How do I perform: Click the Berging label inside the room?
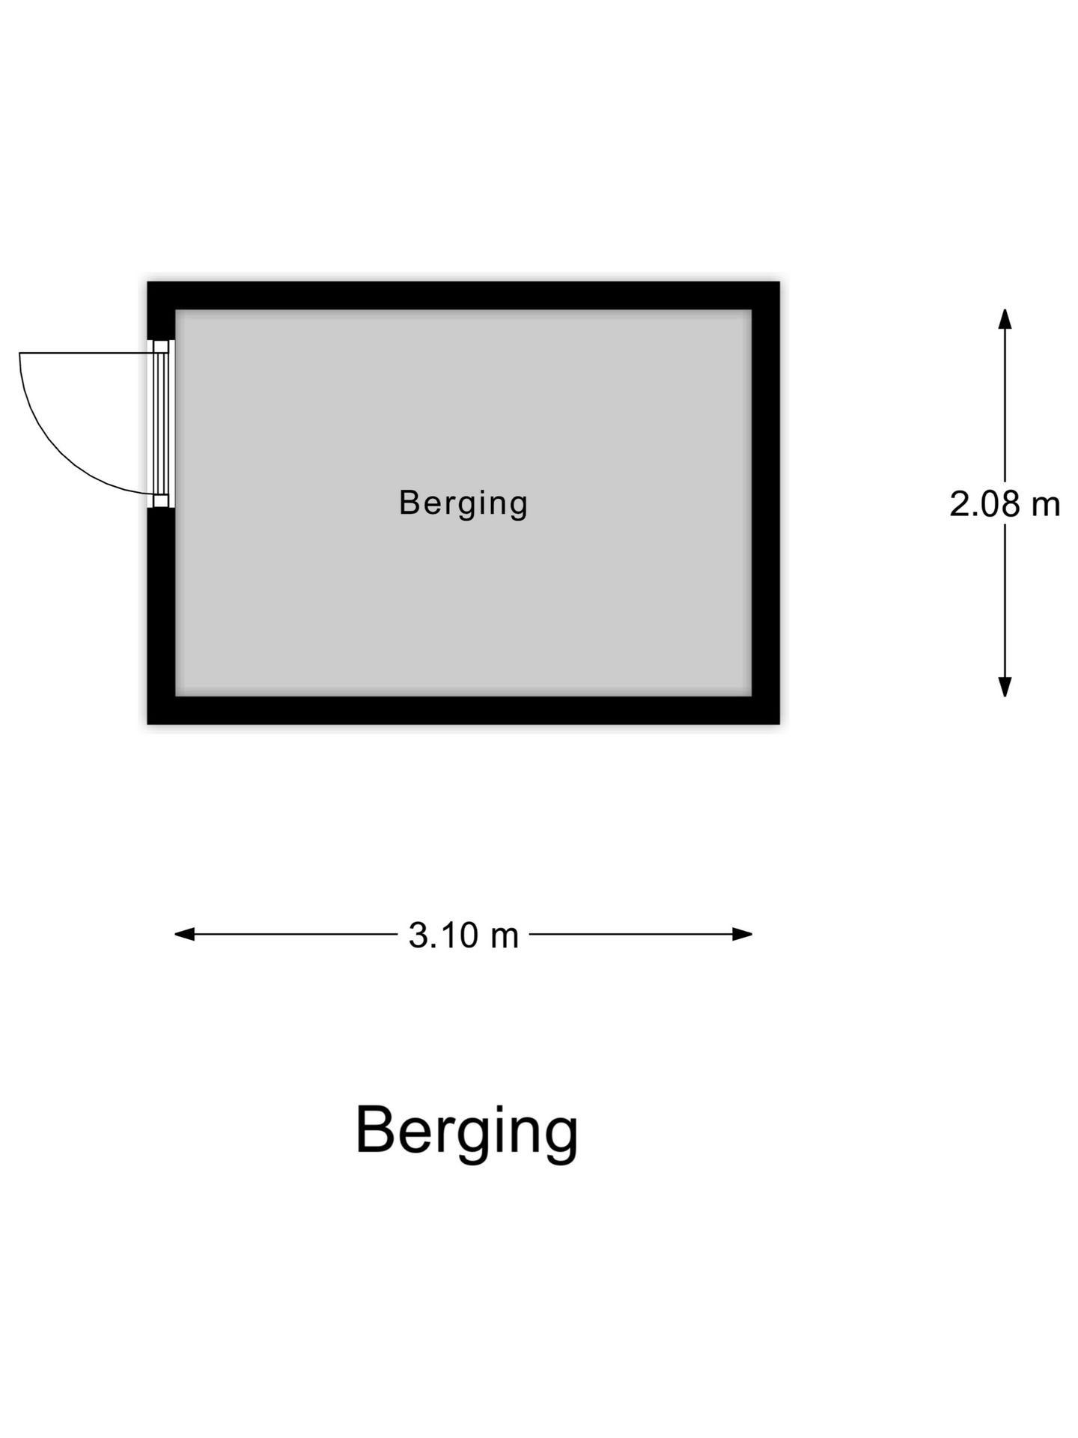463,503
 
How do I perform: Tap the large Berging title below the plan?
466,1132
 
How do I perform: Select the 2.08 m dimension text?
1005,504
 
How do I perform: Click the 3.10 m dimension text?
463,935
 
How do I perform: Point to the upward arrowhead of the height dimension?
1005,318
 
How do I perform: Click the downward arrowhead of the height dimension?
1005,687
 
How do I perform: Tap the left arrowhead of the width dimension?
185,934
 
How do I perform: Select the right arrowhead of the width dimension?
742,934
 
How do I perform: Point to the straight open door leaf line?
86,353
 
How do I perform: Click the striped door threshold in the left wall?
161,424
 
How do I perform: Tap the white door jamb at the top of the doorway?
162,347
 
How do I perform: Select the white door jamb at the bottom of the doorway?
162,501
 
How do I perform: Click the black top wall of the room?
463,296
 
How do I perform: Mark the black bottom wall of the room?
463,710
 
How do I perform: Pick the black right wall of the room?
766,503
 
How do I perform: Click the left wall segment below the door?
161,616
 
